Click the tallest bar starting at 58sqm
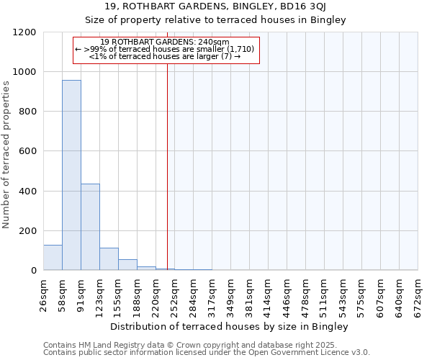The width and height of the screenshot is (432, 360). pyautogui.click(x=71, y=175)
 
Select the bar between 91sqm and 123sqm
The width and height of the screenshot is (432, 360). pyautogui.click(x=90, y=227)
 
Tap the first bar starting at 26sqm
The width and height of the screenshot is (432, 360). pyautogui.click(x=53, y=257)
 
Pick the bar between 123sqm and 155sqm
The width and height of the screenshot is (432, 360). pyautogui.click(x=109, y=258)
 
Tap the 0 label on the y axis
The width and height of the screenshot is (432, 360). pyautogui.click(x=33, y=271)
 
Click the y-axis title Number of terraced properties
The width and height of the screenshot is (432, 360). pyautogui.click(x=6, y=155)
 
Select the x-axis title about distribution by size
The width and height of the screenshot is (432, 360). pyautogui.click(x=230, y=327)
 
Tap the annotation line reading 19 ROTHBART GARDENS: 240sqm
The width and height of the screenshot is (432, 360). pyautogui.click(x=165, y=42)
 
